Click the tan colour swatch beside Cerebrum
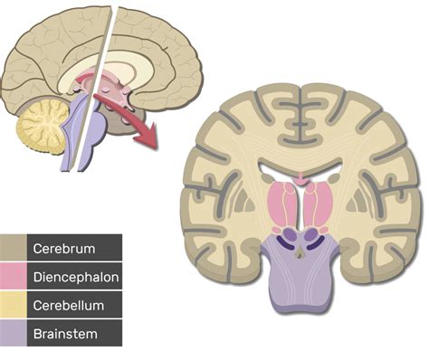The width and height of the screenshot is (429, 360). [13, 247]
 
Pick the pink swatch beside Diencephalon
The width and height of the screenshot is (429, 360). [13, 276]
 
